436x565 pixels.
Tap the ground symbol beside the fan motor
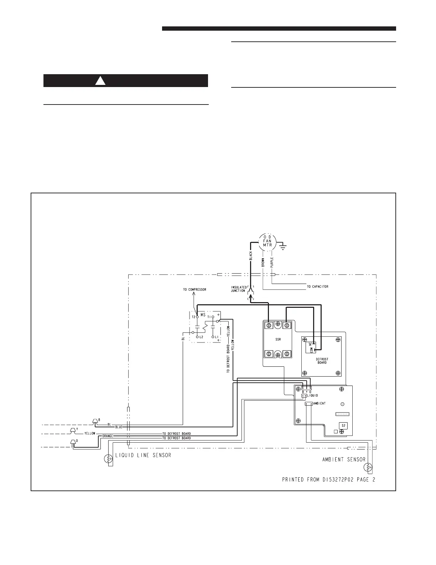point(284,247)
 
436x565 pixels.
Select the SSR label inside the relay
point(278,339)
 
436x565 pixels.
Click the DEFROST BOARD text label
point(322,361)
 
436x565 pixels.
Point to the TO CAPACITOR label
point(318,286)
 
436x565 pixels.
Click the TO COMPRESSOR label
point(194,290)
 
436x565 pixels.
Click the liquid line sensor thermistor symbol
point(108,459)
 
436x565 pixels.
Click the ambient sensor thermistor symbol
point(368,467)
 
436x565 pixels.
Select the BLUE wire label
point(119,427)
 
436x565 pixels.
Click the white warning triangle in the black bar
point(100,81)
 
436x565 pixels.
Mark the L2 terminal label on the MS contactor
point(201,337)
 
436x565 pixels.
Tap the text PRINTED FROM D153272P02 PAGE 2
point(328,480)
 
